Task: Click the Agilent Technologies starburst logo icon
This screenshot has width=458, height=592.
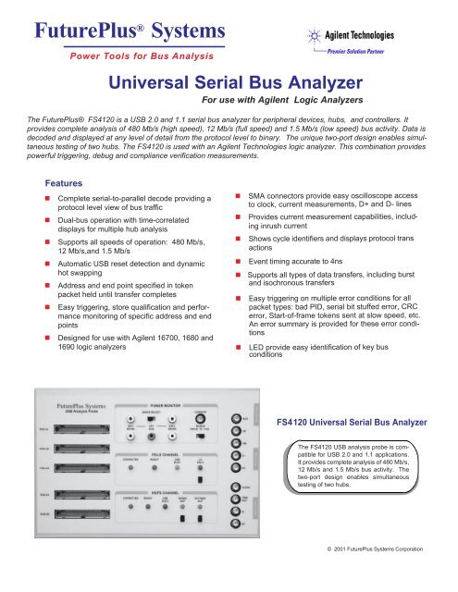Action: click(314, 38)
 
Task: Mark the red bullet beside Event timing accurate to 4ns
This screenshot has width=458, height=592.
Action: click(238, 263)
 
